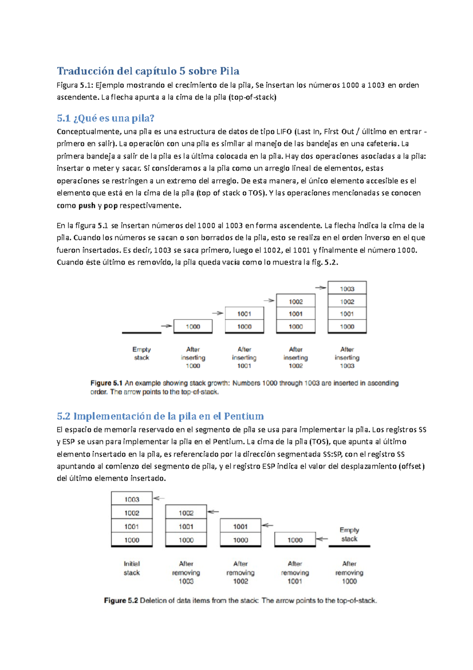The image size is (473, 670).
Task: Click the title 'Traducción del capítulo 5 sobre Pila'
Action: tap(148, 71)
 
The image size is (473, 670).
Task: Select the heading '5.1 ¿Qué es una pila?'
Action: tap(105, 118)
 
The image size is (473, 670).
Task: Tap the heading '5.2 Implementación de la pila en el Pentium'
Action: tap(160, 416)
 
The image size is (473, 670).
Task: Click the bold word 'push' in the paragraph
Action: tap(87, 206)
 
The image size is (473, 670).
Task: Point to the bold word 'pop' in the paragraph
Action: tap(110, 206)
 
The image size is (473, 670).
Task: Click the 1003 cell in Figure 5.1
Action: tap(347, 289)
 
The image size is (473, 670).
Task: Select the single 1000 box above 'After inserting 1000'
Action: tap(193, 326)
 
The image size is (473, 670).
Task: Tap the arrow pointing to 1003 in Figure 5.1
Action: tap(320, 288)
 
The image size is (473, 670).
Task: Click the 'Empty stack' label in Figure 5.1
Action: tap(142, 353)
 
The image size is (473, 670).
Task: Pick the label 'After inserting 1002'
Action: tap(296, 357)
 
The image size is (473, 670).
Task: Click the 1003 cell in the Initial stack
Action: tap(132, 499)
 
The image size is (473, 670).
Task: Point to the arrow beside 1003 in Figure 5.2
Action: tap(159, 498)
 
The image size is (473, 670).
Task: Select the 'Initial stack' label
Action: tap(132, 568)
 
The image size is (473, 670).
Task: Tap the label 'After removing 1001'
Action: tap(295, 572)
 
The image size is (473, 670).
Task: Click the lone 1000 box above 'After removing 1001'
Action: tap(295, 540)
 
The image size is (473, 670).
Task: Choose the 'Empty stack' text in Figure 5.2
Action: tap(349, 534)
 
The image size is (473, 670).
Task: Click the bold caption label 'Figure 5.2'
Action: tap(121, 601)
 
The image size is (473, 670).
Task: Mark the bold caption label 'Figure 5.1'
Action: tap(106, 383)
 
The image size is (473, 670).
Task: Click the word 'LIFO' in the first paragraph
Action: tap(284, 131)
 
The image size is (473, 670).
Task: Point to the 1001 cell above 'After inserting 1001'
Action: tap(244, 314)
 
